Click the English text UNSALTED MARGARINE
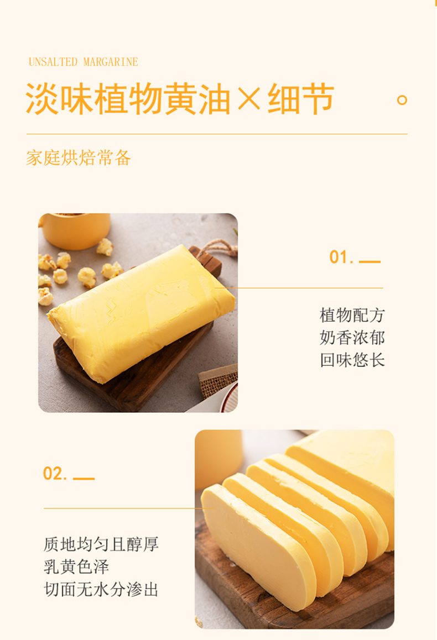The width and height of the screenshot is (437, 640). pyautogui.click(x=83, y=62)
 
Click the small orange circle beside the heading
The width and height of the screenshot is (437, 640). pyautogui.click(x=402, y=100)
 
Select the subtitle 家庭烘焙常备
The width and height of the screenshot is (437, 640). pyautogui.click(x=79, y=158)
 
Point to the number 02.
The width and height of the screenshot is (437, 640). pyautogui.click(x=55, y=474)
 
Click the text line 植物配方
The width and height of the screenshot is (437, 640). pyautogui.click(x=352, y=316)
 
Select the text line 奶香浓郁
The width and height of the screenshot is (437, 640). pyautogui.click(x=352, y=338)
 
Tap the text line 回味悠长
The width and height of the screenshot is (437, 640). pyautogui.click(x=352, y=360)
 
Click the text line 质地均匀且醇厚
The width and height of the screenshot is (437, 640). pyautogui.click(x=101, y=544)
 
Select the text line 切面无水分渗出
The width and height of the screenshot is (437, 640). pyautogui.click(x=101, y=589)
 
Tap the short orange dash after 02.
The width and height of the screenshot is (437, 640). pyautogui.click(x=84, y=478)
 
